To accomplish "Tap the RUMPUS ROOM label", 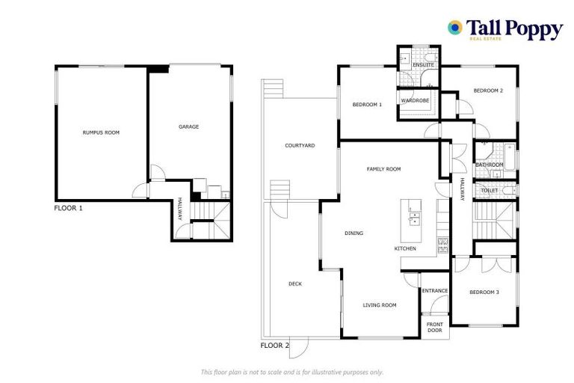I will pyautogui.click(x=101, y=132).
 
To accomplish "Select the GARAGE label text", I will pyautogui.click(x=188, y=127).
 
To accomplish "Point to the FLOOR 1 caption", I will pyautogui.click(x=69, y=208).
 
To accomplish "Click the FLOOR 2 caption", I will pyautogui.click(x=274, y=346).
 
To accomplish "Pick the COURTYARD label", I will pyautogui.click(x=300, y=145).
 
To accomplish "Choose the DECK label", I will pyautogui.click(x=295, y=284).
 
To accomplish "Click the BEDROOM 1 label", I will pyautogui.click(x=367, y=105).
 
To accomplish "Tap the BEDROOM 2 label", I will pyautogui.click(x=488, y=91).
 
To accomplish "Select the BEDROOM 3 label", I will pyautogui.click(x=484, y=292).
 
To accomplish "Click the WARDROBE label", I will pyautogui.click(x=414, y=100).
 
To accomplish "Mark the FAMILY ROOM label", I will pyautogui.click(x=383, y=169).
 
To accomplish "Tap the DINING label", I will pyautogui.click(x=354, y=233).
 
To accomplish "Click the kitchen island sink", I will pyautogui.click(x=413, y=218).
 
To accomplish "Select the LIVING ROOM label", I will pyautogui.click(x=379, y=305).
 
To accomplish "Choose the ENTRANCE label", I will pyautogui.click(x=434, y=291).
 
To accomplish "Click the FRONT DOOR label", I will pyautogui.click(x=435, y=327).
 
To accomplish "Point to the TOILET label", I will pyautogui.click(x=489, y=191).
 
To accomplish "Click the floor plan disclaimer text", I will pyautogui.click(x=292, y=372).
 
